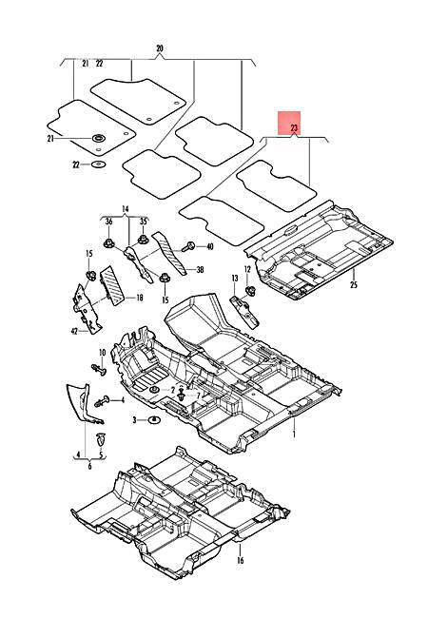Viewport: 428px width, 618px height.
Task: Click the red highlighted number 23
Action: (x=295, y=128)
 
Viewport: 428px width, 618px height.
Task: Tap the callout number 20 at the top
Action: (x=160, y=48)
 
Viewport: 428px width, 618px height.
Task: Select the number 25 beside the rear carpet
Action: (x=354, y=284)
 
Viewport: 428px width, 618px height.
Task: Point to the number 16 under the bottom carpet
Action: (x=241, y=560)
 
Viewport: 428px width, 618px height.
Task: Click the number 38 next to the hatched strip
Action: (x=200, y=270)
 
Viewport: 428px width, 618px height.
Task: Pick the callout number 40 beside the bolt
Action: (x=209, y=247)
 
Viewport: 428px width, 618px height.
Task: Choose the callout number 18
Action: (x=139, y=298)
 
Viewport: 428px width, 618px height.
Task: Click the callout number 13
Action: (x=235, y=279)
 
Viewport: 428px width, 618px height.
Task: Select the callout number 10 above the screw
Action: (x=102, y=353)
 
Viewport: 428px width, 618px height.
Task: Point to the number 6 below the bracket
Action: (x=89, y=467)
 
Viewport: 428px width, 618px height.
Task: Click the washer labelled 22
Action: (x=98, y=164)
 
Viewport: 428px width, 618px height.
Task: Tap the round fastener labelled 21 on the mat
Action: (x=99, y=139)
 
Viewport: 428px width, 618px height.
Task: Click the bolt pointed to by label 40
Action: (x=188, y=247)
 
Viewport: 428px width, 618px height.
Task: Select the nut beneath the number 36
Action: (x=108, y=243)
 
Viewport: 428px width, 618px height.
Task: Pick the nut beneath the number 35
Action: (x=143, y=240)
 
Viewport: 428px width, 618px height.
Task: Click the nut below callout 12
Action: (x=249, y=292)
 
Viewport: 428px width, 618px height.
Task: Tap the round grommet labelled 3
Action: (x=154, y=420)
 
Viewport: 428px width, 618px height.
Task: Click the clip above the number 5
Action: (x=101, y=439)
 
